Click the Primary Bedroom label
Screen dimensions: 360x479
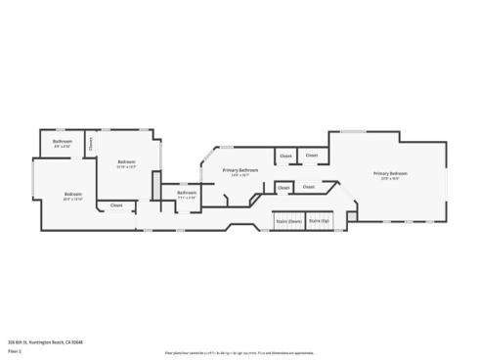[x=390, y=173]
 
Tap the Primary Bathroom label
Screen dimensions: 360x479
[x=240, y=170]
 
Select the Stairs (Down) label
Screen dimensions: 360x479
[x=287, y=222]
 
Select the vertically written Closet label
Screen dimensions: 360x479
[x=90, y=143]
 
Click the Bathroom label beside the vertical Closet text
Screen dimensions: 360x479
[x=63, y=142]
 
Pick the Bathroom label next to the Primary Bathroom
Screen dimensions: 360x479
[x=187, y=192]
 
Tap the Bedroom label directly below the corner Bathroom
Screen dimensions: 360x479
[x=72, y=195]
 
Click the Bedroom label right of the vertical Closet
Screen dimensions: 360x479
[x=126, y=161]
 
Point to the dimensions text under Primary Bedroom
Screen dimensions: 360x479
[x=390, y=179]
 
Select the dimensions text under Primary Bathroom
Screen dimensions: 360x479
[x=240, y=176]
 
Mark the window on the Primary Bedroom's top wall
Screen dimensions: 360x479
[x=353, y=131]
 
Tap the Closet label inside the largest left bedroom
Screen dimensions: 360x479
[x=116, y=205]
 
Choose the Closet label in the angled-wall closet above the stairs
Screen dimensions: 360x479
[x=308, y=186]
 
